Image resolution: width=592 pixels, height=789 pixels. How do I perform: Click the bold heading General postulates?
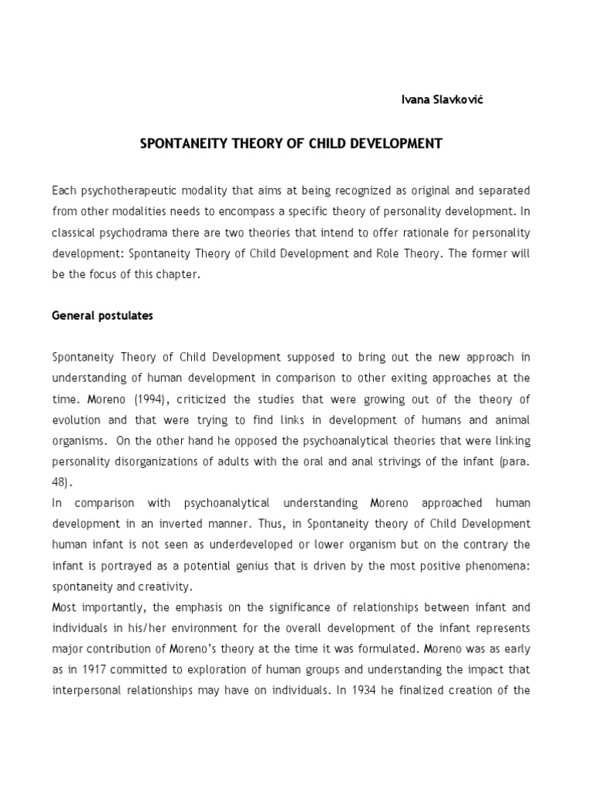[102, 316]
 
